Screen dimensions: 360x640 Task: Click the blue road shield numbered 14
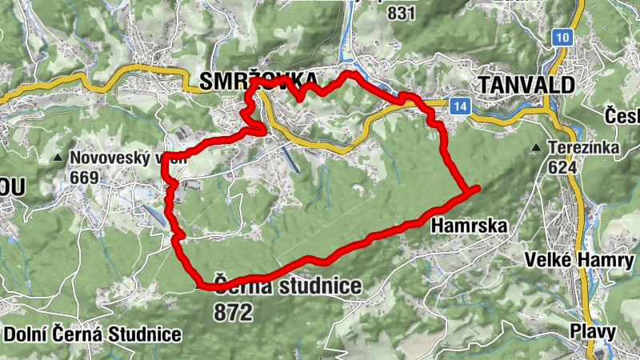pyautogui.click(x=458, y=106)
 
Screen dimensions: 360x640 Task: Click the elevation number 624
pyautogui.click(x=564, y=167)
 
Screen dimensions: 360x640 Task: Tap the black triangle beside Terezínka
pyautogui.click(x=535, y=148)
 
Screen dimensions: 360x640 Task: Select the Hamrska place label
pyautogui.click(x=469, y=226)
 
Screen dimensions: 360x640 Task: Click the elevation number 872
pyautogui.click(x=233, y=311)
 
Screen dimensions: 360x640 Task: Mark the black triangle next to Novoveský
pyautogui.click(x=58, y=158)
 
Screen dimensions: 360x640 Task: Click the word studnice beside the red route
pyautogui.click(x=318, y=286)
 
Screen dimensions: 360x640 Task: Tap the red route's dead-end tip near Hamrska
pyautogui.click(x=477, y=188)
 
